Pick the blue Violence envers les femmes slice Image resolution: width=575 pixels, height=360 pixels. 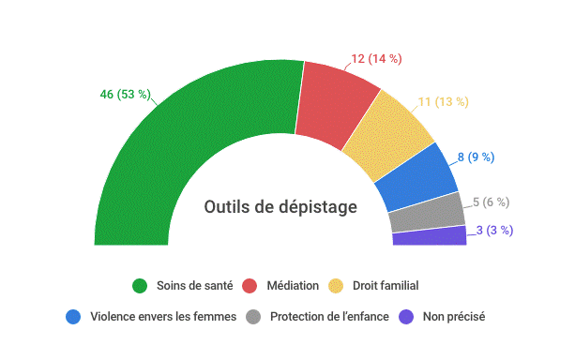click(x=418, y=177)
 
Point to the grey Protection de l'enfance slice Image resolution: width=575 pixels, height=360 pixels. click(x=427, y=213)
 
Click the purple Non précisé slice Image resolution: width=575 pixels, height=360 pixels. click(x=429, y=235)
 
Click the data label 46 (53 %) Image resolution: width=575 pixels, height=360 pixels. click(x=125, y=94)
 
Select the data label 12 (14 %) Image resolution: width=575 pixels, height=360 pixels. click(x=376, y=59)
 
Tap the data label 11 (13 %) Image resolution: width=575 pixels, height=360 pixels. click(x=444, y=101)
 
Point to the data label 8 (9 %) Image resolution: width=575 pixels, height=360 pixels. click(x=476, y=157)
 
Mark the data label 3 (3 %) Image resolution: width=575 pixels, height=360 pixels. click(x=494, y=230)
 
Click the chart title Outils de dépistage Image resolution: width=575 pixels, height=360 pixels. click(x=280, y=207)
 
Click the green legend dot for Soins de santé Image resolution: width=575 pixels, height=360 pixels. click(x=140, y=286)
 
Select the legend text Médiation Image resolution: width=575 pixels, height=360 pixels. click(x=293, y=286)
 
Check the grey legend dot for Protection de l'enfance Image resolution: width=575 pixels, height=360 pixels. click(x=252, y=317)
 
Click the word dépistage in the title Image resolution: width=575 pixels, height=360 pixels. click(x=315, y=207)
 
